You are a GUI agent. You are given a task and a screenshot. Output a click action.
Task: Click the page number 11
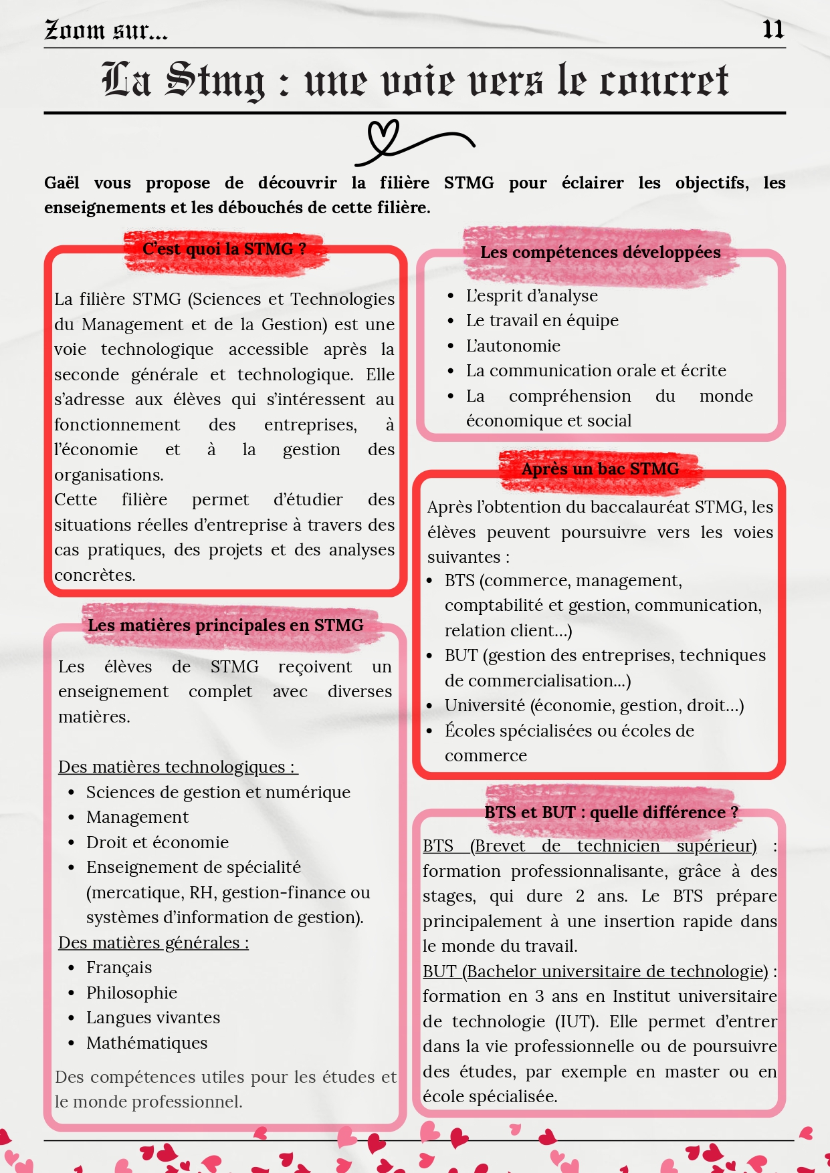click(x=772, y=29)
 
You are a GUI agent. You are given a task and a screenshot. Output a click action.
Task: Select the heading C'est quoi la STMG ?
click(x=224, y=249)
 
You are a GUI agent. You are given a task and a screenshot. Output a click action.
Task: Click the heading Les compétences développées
click(x=600, y=252)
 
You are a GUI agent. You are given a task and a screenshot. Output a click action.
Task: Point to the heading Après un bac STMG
click(x=600, y=469)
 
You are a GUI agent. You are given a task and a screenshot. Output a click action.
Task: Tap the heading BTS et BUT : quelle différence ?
click(x=611, y=812)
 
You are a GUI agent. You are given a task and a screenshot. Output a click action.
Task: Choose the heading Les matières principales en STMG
click(x=225, y=625)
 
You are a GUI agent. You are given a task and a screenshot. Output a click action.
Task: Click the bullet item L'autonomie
click(x=513, y=346)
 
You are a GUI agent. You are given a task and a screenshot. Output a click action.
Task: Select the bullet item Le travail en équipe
click(x=542, y=321)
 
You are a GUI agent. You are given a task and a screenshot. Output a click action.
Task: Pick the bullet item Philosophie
click(x=132, y=993)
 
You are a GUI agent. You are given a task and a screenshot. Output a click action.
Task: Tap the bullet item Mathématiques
click(x=146, y=1043)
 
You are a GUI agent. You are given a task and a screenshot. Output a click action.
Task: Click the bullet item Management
click(x=137, y=817)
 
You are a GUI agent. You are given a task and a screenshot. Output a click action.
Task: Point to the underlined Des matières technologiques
click(x=177, y=767)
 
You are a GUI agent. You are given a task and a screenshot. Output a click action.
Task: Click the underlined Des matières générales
click(x=153, y=942)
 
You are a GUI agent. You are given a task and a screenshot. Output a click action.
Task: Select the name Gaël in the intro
click(x=62, y=182)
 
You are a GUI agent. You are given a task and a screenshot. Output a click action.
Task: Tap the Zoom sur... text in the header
click(x=106, y=30)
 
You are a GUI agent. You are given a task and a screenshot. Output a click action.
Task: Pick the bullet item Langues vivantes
click(x=153, y=1017)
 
